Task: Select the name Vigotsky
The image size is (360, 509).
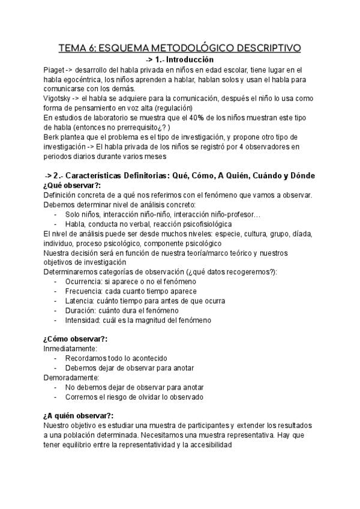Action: tap(59, 98)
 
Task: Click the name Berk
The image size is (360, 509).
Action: tap(52, 137)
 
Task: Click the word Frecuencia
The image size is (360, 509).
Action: tap(86, 291)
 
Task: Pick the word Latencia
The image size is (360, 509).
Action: tap(81, 301)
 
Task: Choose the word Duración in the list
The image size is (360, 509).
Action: tap(82, 310)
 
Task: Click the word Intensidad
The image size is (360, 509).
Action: tap(85, 320)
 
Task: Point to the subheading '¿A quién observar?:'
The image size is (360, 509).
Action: tap(79, 415)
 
